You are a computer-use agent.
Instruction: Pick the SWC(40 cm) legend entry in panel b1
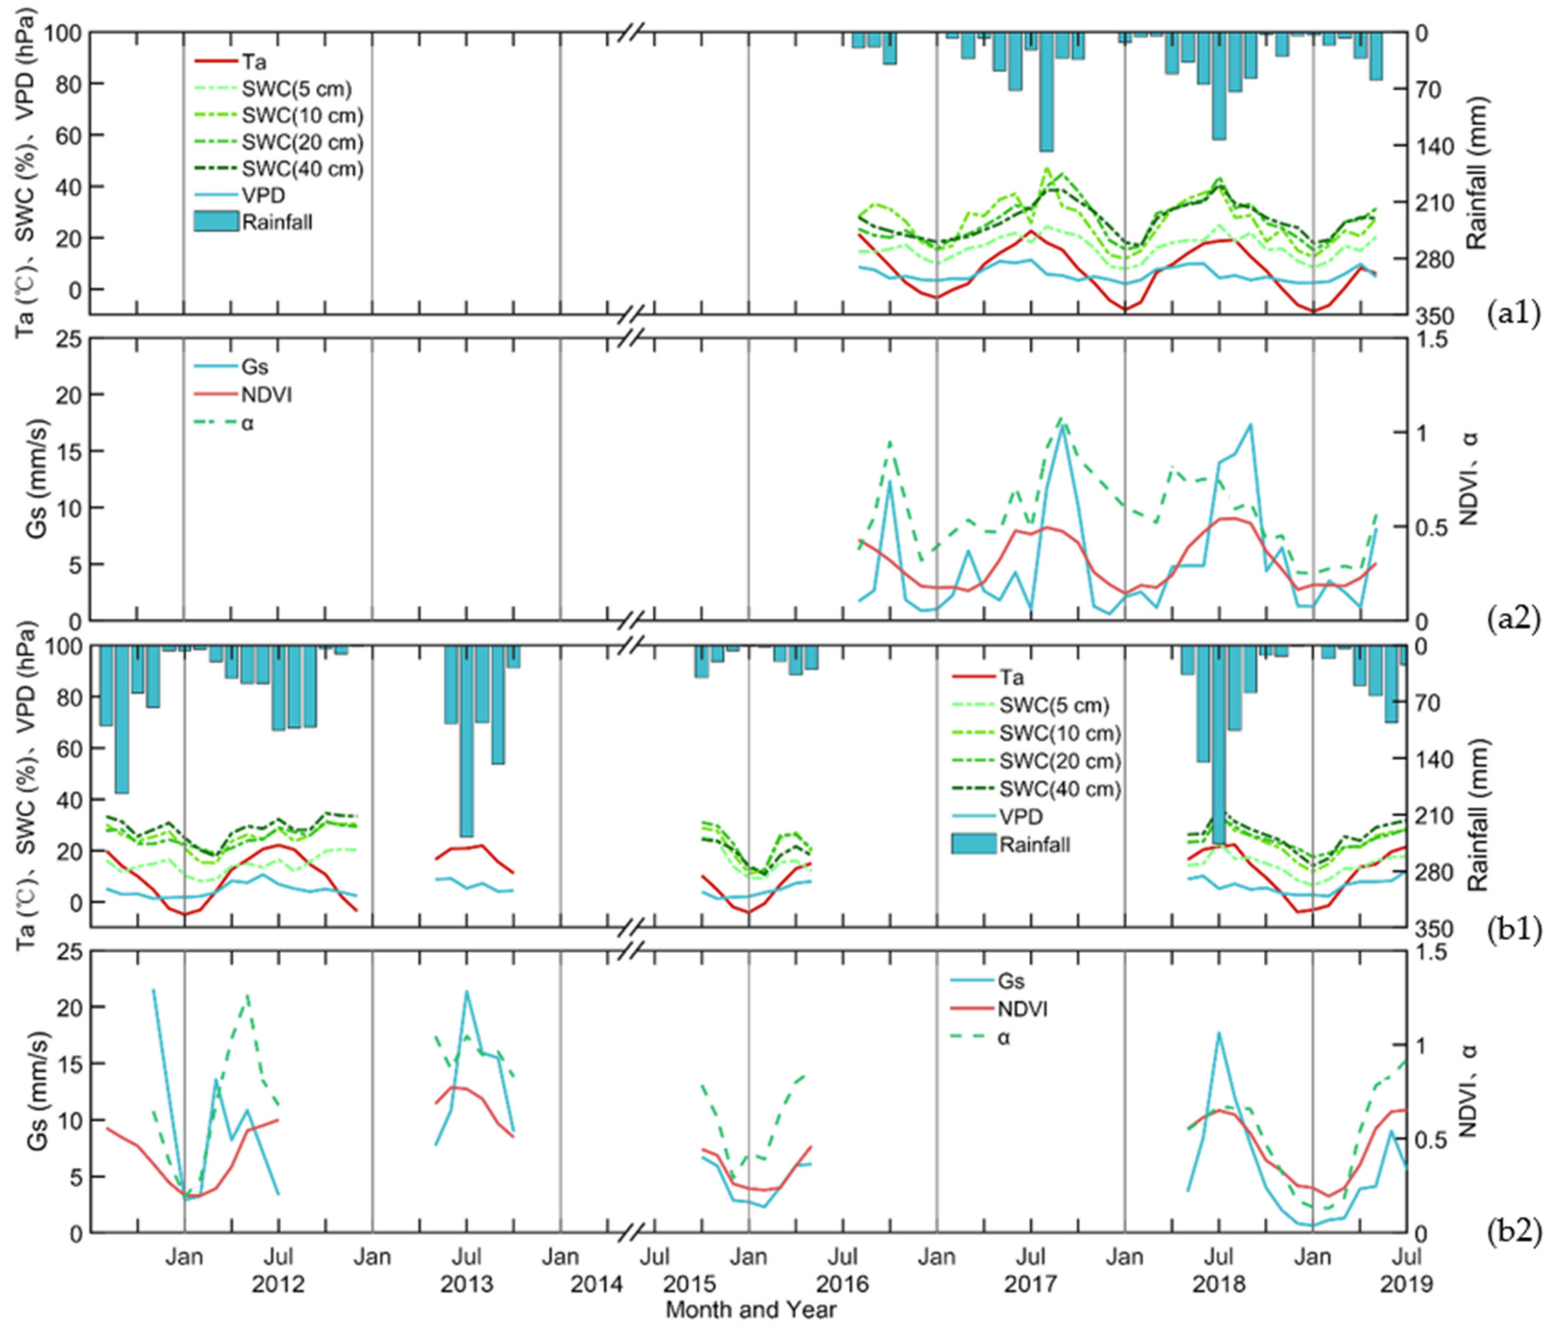(1059, 789)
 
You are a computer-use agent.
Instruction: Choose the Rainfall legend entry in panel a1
(277, 222)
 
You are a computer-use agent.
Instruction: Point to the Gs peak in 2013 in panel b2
(467, 993)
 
